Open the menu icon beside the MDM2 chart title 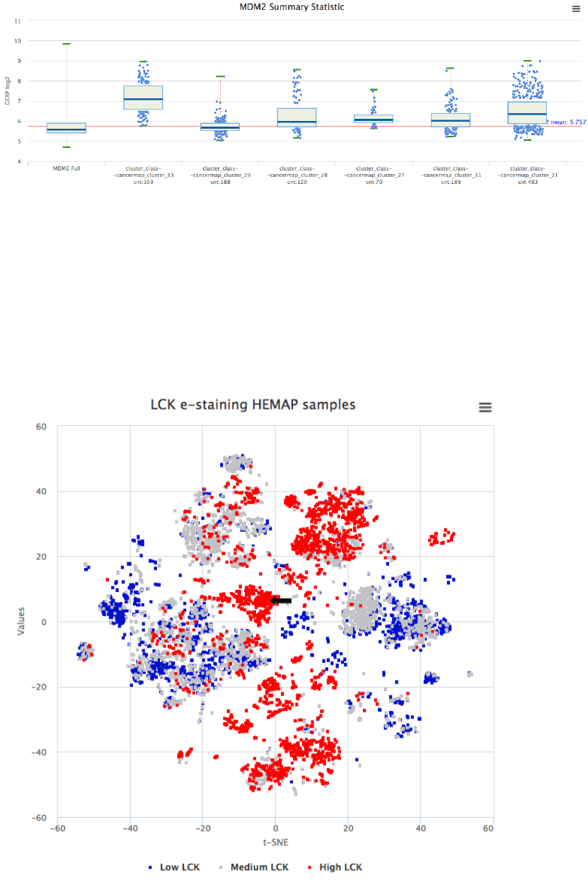[x=576, y=8]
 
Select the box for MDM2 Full [x=66, y=128]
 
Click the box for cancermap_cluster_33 [x=143, y=97]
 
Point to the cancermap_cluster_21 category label [x=527, y=175]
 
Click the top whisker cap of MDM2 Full [x=66, y=44]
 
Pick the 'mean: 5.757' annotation [x=565, y=122]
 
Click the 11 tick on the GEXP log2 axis [x=18, y=21]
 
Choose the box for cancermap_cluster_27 [x=374, y=118]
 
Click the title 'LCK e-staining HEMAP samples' [x=253, y=405]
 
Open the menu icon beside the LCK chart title [x=485, y=407]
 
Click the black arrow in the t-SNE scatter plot [x=282, y=600]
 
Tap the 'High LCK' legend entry [x=335, y=867]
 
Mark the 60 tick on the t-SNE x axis [x=492, y=827]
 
